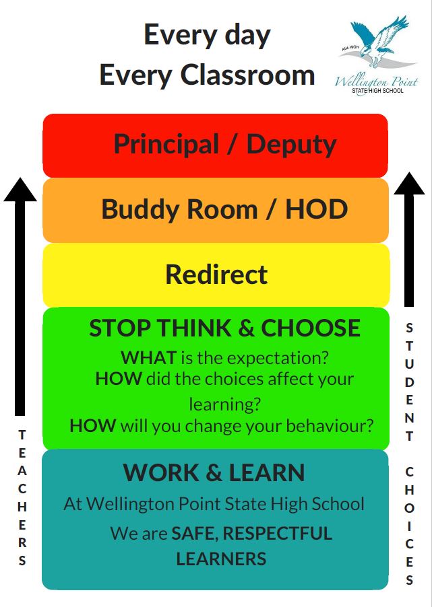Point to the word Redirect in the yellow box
point(216,275)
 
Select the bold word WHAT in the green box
point(148,357)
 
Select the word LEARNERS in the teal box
point(221,559)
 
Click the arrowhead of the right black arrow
point(409,184)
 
